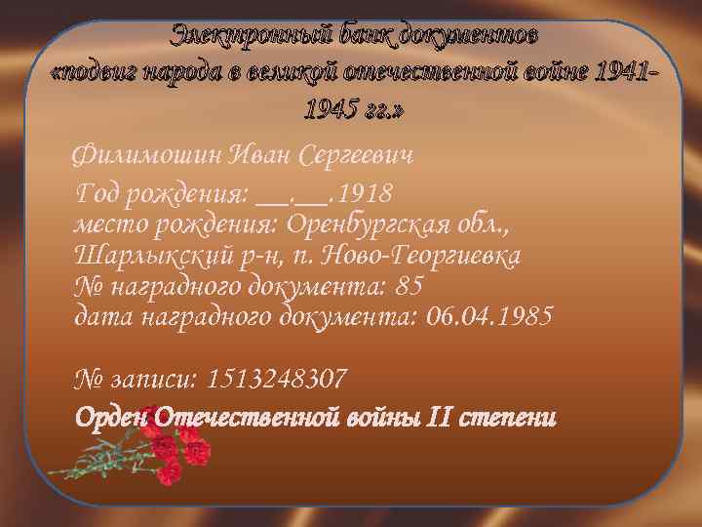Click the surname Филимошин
147,156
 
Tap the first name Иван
260,156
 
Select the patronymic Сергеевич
357,156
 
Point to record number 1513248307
278,378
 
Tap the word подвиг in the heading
101,74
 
